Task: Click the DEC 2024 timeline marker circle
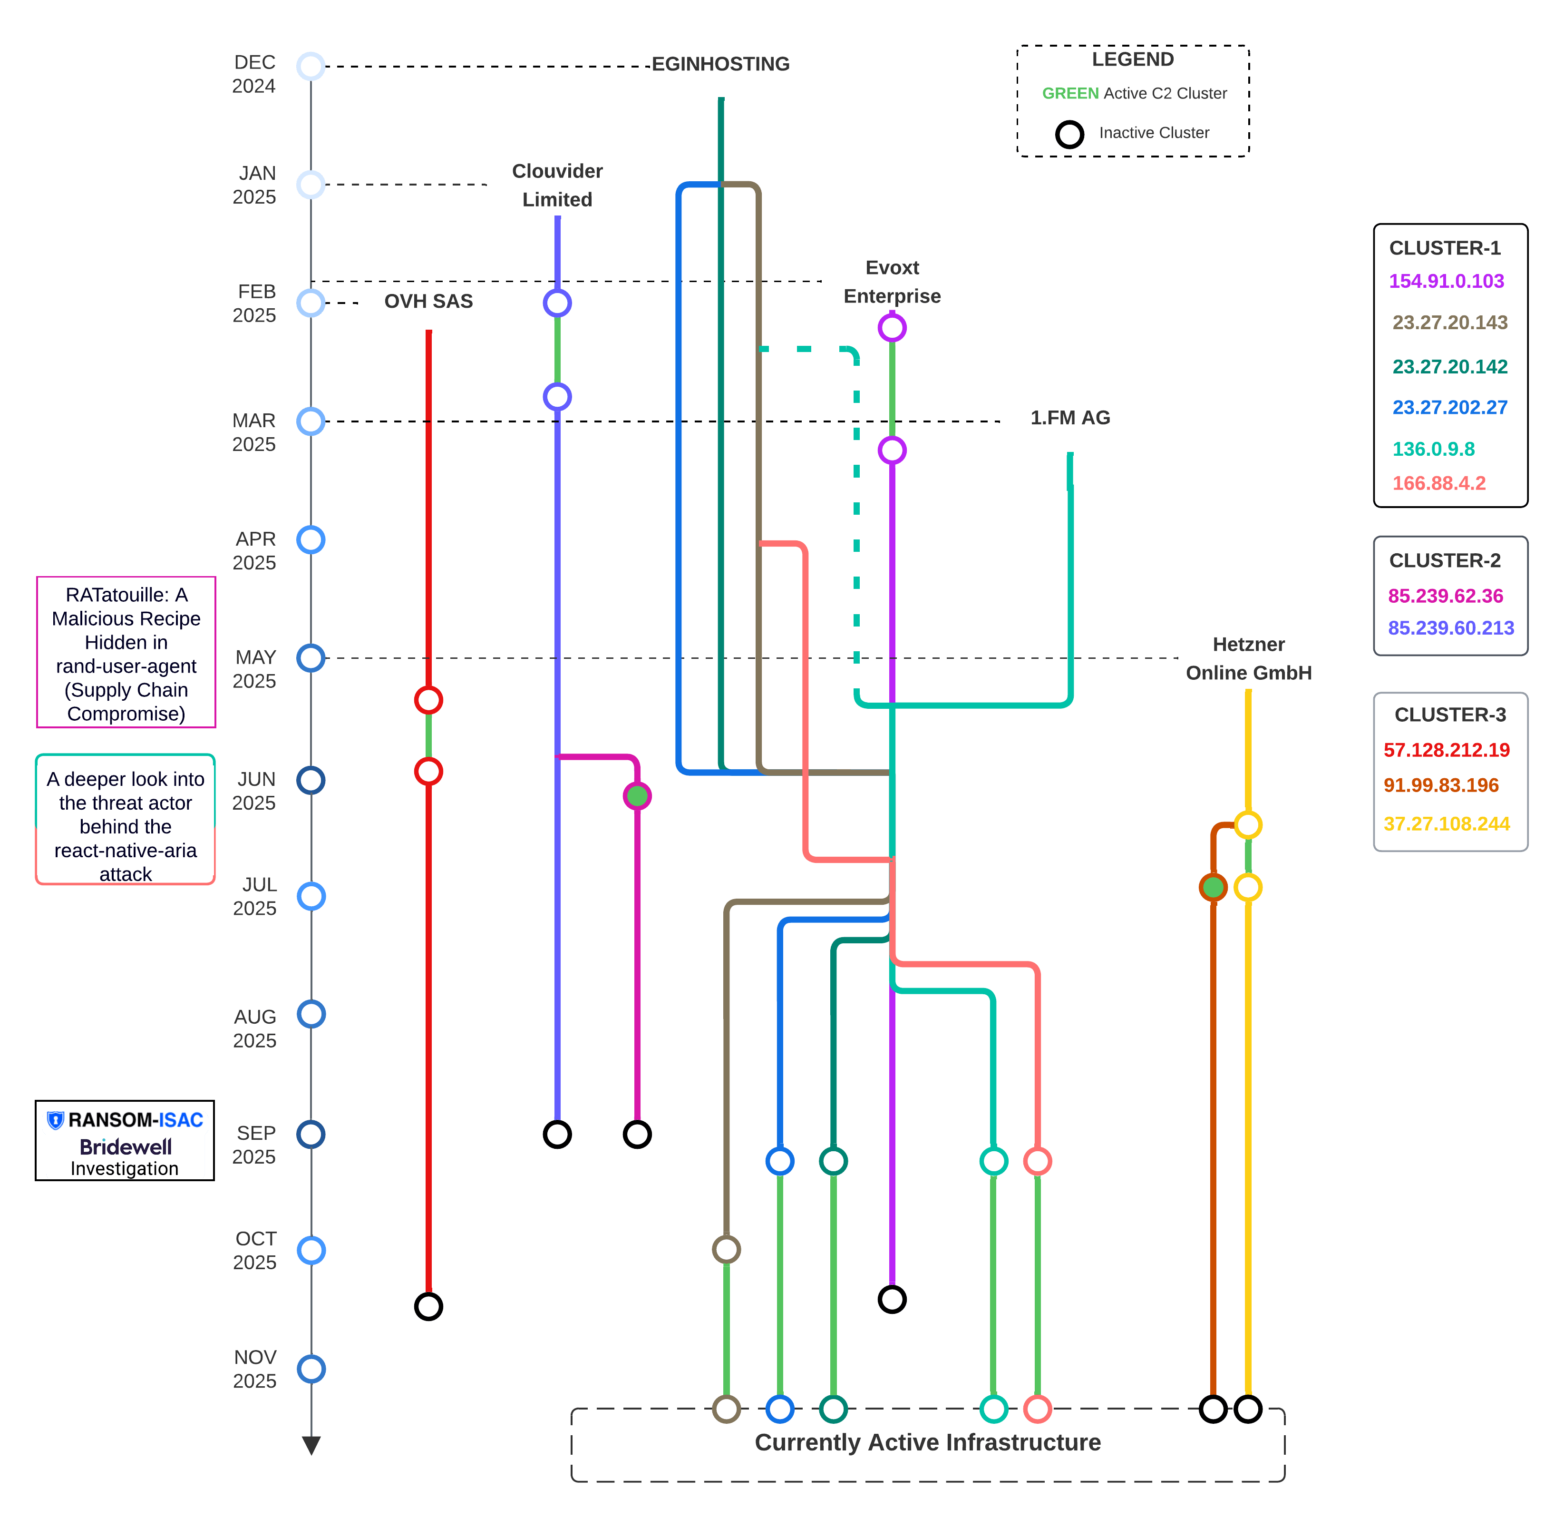click(311, 66)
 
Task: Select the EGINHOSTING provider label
click(720, 64)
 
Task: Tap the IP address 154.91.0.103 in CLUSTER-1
click(1446, 281)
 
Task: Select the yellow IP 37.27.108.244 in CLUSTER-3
click(1446, 823)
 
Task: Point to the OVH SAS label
click(428, 301)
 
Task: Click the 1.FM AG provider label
click(1069, 417)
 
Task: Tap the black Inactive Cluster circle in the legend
click(1069, 134)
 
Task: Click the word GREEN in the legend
click(1070, 93)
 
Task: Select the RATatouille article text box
click(126, 653)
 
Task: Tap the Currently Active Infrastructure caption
click(927, 1442)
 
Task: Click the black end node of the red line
click(428, 1306)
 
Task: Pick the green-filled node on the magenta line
click(637, 796)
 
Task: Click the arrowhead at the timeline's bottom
click(311, 1445)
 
